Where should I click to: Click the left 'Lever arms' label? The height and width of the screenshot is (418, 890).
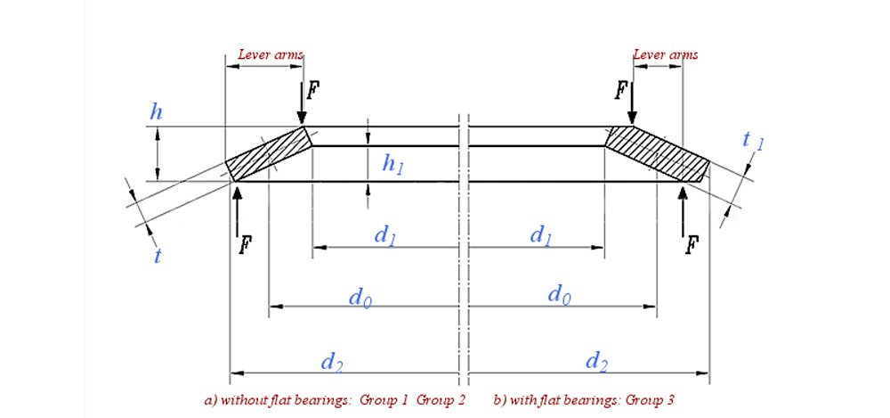271,54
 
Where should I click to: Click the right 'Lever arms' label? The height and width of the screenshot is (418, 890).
665,54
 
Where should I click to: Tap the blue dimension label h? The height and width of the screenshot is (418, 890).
157,113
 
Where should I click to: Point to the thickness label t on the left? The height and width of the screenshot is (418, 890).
157,256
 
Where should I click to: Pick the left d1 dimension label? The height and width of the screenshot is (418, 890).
385,235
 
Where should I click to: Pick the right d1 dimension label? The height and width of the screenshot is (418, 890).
540,235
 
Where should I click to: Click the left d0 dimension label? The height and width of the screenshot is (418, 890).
359,295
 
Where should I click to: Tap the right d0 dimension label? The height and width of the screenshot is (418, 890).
558,295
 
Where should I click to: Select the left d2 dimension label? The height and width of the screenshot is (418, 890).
331,361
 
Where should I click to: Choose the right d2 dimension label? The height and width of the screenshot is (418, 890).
596,361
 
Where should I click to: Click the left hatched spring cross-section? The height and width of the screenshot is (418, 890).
267,153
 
